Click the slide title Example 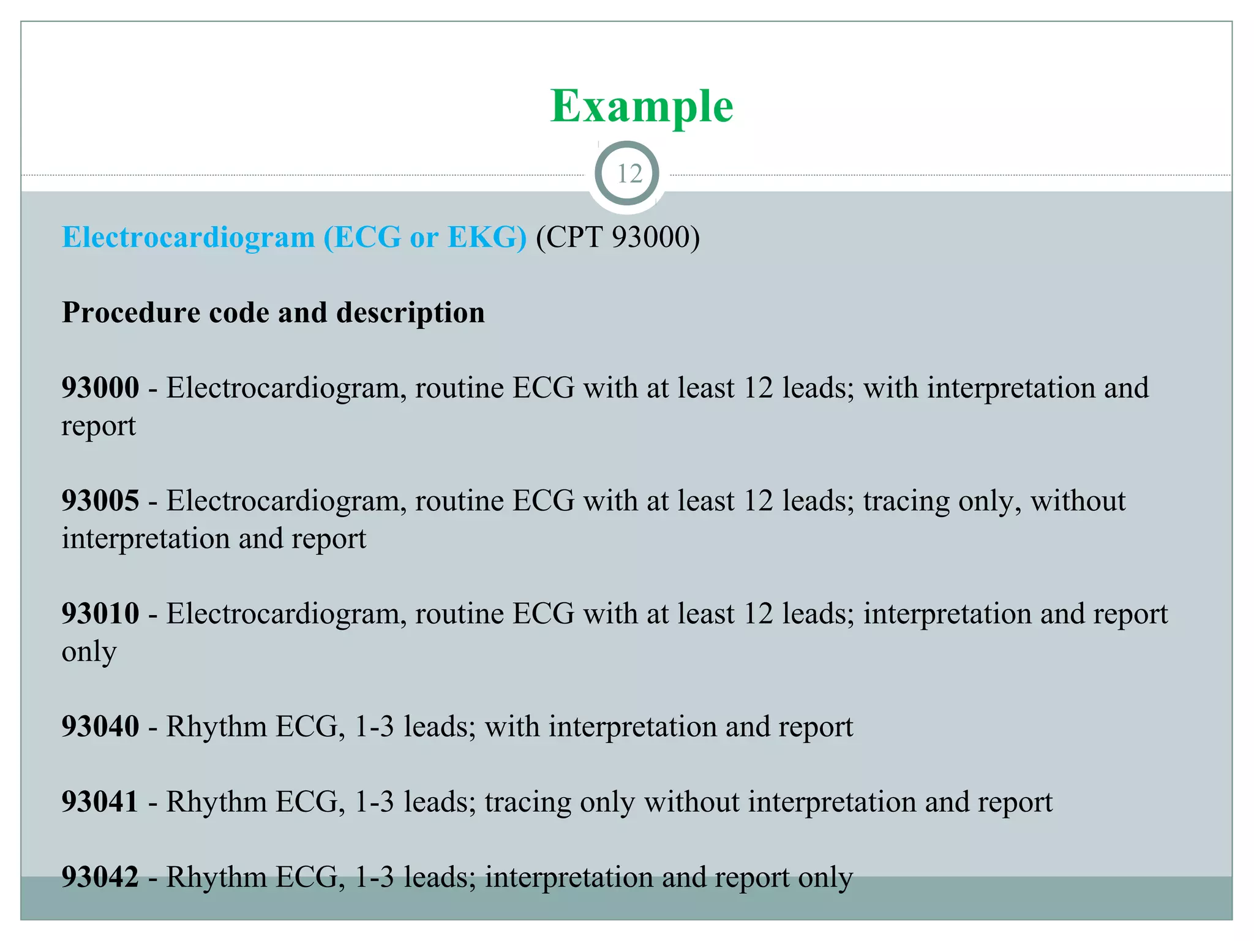641,106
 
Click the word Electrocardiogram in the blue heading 189,237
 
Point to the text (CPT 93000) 618,237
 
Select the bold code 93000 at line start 100,388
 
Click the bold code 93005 100,501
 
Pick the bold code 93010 100,613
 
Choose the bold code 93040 100,727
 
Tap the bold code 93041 100,802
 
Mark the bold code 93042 100,877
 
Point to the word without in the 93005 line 1078,501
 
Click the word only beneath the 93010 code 89,652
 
